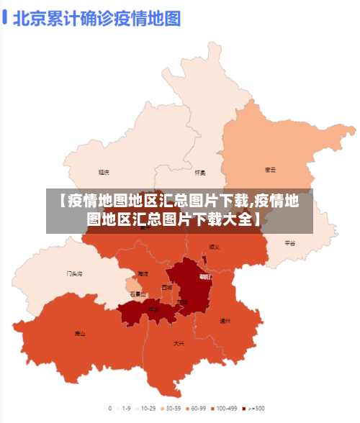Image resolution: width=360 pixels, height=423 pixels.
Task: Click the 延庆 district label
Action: tap(104, 173)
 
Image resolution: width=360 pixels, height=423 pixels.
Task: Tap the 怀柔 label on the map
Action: tap(200, 173)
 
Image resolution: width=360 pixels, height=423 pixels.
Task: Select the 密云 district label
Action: tap(271, 170)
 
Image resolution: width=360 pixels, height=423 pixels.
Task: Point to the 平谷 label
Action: tap(290, 243)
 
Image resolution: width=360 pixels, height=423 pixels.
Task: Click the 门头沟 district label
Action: tap(74, 273)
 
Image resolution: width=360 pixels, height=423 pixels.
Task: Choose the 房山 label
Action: tap(80, 333)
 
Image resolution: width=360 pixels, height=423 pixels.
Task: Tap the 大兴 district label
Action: tap(179, 343)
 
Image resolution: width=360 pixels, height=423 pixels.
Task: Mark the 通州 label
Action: tap(225, 320)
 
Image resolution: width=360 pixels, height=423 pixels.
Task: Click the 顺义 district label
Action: tap(214, 247)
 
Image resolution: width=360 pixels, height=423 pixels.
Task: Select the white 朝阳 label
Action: tap(205, 277)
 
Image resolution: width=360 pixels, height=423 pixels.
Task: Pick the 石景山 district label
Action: tap(138, 294)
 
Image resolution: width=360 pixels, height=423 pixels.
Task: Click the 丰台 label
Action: tap(153, 309)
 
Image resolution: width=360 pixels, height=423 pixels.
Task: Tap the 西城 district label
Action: tap(167, 287)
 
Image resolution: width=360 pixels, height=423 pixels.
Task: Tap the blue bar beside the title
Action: tap(5, 17)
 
